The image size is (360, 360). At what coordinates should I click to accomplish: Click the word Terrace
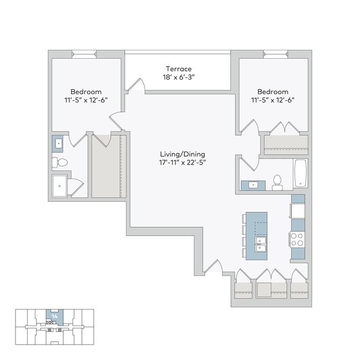(x=178, y=69)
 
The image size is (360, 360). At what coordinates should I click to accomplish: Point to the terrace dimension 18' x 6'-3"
(x=178, y=78)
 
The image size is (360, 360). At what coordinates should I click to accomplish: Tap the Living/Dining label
(x=179, y=153)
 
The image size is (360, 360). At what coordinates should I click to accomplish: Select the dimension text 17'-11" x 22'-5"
(x=179, y=162)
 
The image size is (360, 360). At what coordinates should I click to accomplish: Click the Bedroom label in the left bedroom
(x=86, y=91)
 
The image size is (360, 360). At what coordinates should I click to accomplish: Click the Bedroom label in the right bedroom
(x=272, y=91)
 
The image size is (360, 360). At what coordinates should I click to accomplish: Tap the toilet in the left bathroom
(x=60, y=162)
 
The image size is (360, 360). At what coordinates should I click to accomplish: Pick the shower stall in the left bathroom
(x=60, y=187)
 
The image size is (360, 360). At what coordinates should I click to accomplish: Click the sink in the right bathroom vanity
(x=254, y=185)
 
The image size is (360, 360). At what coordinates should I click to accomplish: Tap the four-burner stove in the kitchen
(x=297, y=239)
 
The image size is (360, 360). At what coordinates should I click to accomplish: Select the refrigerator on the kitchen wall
(x=298, y=211)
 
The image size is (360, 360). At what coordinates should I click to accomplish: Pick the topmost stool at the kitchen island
(x=244, y=218)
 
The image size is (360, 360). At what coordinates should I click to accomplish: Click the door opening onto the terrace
(x=135, y=86)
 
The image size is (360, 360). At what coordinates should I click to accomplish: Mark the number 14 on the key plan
(x=54, y=316)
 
